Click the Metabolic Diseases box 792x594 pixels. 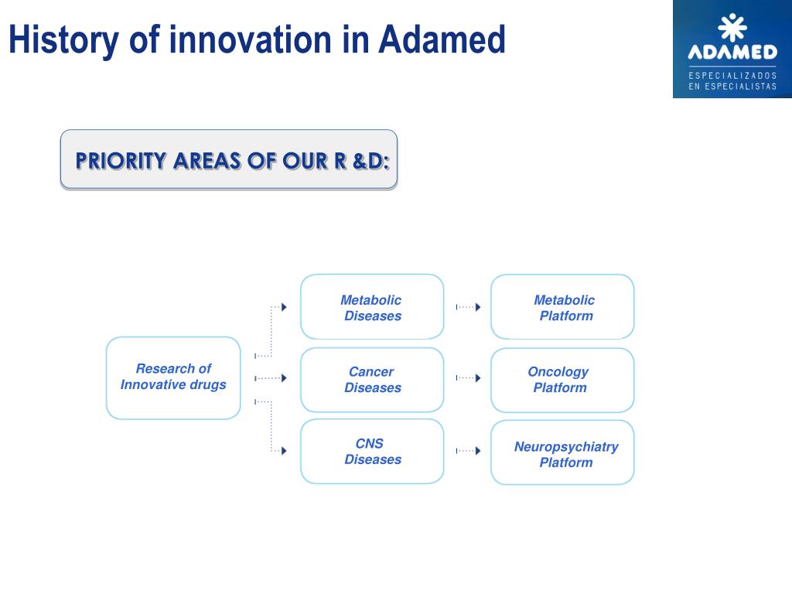[x=372, y=306]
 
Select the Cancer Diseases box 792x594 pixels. [x=372, y=380]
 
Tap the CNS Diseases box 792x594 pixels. [x=372, y=451]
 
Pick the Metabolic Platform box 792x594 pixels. [x=562, y=306]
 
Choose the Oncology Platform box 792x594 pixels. [x=562, y=380]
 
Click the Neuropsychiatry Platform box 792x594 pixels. [x=562, y=452]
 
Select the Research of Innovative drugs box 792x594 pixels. [x=173, y=377]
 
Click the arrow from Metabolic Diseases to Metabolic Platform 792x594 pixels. [x=468, y=307]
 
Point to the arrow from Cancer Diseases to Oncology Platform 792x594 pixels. [x=468, y=377]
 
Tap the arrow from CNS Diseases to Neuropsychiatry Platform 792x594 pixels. [x=468, y=451]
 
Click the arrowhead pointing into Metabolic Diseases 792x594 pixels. [x=285, y=307]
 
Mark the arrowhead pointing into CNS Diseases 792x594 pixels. [x=285, y=451]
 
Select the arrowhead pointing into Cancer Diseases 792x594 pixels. [x=285, y=377]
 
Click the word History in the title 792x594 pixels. [x=64, y=40]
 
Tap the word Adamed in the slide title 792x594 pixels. [x=442, y=39]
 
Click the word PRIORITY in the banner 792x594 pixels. [x=121, y=161]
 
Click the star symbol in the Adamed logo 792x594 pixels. [x=732, y=27]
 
